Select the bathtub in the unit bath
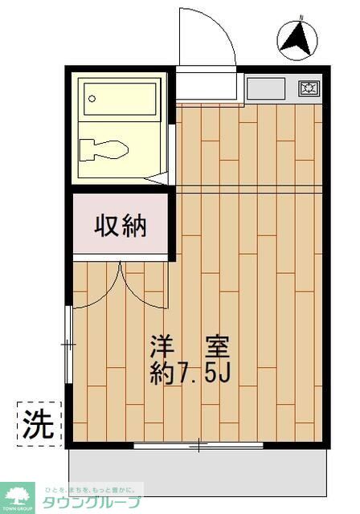(121, 101)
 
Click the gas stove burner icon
(309, 88)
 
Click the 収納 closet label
(121, 226)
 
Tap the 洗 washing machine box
(38, 422)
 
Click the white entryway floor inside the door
(207, 84)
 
